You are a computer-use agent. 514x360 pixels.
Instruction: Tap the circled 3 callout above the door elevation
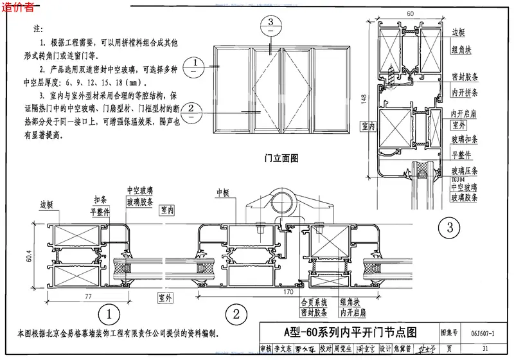tap(270, 23)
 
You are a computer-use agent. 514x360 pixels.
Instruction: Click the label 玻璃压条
tap(465, 170)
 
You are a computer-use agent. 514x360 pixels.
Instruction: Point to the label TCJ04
tap(459, 179)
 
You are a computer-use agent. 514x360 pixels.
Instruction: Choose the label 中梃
tap(223, 192)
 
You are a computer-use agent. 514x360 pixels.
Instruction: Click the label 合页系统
tap(314, 301)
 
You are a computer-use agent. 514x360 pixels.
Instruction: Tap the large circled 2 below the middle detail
tap(236, 314)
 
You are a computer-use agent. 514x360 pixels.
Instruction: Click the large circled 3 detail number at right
tap(449, 227)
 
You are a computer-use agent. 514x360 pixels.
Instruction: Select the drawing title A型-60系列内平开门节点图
tap(350, 332)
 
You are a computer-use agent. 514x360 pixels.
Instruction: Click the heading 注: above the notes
tap(38, 30)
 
